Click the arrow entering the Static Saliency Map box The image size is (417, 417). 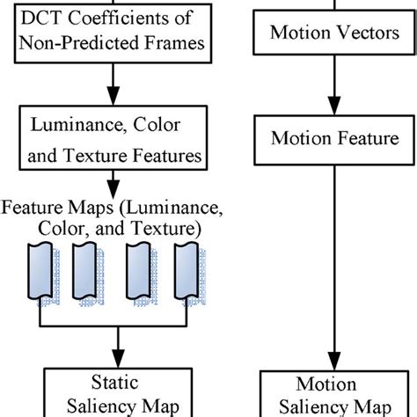coord(112,348)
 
